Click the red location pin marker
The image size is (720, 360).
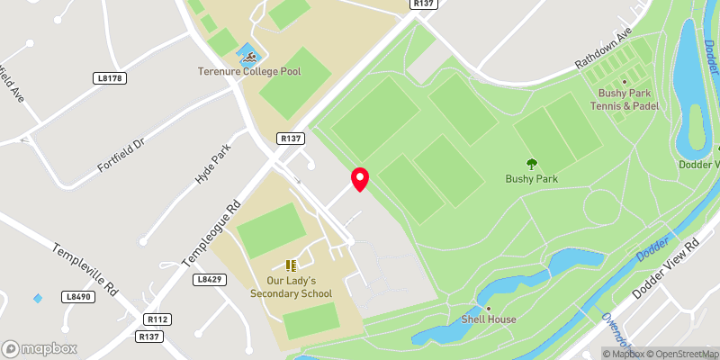[360, 178]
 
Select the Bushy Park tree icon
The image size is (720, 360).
[531, 164]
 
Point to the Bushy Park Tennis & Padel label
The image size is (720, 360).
[623, 99]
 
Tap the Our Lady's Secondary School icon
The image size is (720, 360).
[291, 265]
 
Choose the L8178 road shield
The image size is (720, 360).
[109, 79]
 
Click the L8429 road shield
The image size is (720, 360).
[209, 280]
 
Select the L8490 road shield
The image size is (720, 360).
[78, 296]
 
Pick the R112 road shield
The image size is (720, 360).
[157, 319]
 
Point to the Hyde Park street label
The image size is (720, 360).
[213, 165]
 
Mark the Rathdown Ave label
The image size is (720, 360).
[605, 54]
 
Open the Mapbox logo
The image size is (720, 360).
[40, 348]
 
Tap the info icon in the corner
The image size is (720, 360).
[593, 353]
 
